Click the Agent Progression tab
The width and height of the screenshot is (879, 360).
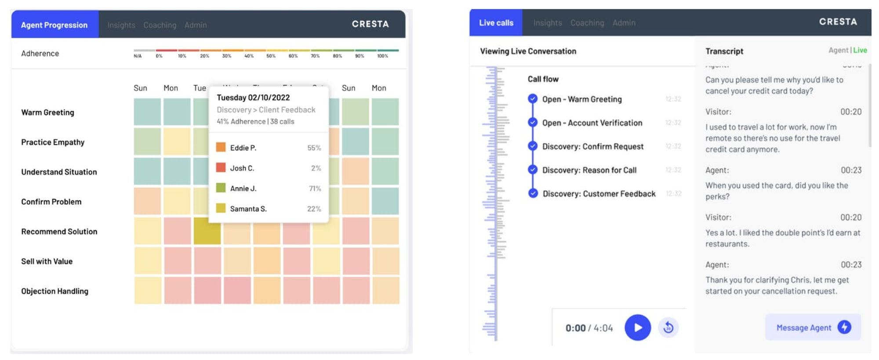click(54, 25)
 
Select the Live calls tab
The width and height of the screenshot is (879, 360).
click(496, 23)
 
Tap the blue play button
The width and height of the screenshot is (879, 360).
click(637, 327)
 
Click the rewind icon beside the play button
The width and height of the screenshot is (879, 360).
click(668, 327)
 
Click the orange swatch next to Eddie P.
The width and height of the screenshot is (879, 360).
click(221, 147)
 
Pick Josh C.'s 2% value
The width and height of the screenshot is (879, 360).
click(316, 168)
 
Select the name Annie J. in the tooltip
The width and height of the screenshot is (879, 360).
click(243, 188)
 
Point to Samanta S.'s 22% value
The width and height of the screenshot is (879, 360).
click(314, 209)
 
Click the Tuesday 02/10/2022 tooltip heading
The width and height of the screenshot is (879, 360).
click(253, 98)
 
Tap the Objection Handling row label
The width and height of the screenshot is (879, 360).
click(55, 291)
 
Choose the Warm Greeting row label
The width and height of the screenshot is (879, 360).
click(48, 113)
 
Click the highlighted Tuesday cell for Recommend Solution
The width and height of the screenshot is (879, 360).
click(207, 231)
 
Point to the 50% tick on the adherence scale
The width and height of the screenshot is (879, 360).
click(271, 56)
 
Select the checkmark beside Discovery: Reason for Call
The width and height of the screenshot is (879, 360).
click(533, 170)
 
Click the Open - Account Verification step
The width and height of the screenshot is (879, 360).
click(592, 123)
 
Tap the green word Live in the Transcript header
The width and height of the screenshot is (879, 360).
click(860, 50)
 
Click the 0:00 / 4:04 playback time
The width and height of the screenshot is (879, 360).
click(589, 328)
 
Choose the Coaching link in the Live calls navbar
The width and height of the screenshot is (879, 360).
click(587, 23)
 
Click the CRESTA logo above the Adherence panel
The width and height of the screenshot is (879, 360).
click(370, 24)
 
